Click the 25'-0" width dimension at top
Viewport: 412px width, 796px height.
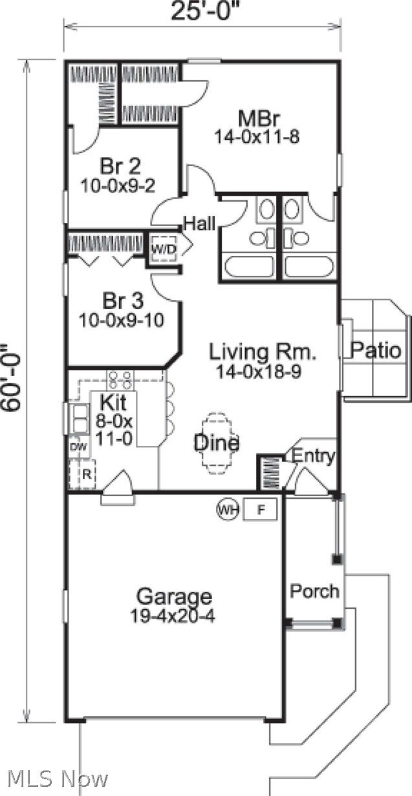point(201,12)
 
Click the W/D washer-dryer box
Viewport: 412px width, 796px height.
point(164,248)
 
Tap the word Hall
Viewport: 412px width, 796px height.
point(199,224)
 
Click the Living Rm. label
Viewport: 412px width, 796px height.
point(263,352)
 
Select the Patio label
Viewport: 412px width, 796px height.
point(376,350)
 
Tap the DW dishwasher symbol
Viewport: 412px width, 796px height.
point(77,446)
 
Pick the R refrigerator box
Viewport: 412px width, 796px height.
point(83,473)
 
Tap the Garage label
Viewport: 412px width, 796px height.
point(173,596)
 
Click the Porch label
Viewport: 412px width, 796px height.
point(314,591)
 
